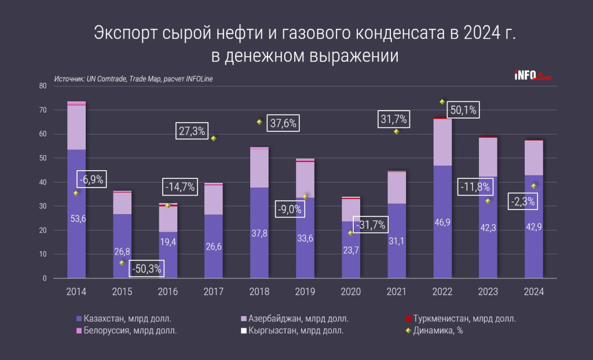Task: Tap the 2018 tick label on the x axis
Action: pos(259,292)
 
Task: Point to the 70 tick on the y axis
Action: pos(43,110)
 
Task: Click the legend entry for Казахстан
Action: pos(124,319)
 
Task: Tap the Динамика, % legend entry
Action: pos(434,331)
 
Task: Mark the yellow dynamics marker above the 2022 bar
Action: pos(442,102)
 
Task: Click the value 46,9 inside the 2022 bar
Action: pos(442,221)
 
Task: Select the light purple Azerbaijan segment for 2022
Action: pos(442,142)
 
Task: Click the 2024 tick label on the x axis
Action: pos(534,292)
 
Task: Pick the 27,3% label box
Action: pos(192,131)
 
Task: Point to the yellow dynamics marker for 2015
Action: pos(122,263)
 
